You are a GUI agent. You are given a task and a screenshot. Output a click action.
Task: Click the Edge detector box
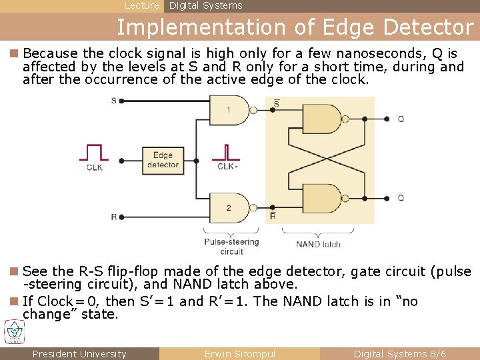[163, 160]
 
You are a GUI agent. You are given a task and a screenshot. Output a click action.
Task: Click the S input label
[113, 101]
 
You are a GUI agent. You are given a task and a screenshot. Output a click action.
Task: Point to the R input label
[113, 217]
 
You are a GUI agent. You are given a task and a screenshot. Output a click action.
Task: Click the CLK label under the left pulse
[95, 167]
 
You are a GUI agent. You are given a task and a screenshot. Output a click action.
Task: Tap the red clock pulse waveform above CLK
[94, 153]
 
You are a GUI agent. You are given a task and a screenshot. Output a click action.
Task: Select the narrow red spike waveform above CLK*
[227, 153]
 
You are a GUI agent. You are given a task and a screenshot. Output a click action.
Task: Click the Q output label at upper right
[400, 119]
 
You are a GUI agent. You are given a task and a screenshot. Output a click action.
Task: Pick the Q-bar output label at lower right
[400, 197]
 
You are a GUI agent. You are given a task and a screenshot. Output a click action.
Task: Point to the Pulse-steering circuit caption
[231, 246]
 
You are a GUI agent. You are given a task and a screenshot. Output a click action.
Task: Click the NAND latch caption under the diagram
[318, 244]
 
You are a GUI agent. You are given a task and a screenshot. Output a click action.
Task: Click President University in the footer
[79, 354]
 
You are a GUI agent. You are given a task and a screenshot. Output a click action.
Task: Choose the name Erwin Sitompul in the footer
[239, 354]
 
